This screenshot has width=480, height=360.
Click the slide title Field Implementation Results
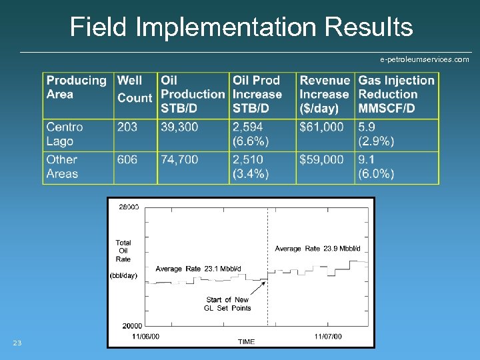(241, 27)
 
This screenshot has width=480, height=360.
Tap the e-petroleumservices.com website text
(424, 59)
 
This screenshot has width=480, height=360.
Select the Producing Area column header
(76, 87)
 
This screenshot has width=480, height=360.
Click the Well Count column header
(135, 89)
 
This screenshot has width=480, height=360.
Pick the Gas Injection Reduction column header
(396, 94)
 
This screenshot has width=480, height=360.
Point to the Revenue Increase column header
(325, 94)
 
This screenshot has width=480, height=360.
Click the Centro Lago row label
(65, 134)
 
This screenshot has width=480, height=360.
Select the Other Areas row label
(62, 167)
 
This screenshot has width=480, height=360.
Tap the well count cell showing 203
(127, 127)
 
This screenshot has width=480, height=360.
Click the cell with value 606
(127, 159)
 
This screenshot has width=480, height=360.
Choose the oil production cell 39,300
(179, 127)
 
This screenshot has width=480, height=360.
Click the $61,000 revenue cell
(322, 127)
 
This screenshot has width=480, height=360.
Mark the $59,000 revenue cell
(322, 159)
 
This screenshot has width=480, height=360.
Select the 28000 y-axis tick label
(129, 207)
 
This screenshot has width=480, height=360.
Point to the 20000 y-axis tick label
(130, 325)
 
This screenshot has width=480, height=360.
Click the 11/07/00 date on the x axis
(328, 337)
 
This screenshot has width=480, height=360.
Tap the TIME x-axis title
(246, 342)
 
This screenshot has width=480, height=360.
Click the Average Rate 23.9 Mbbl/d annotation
(317, 249)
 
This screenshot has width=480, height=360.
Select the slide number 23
(17, 343)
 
